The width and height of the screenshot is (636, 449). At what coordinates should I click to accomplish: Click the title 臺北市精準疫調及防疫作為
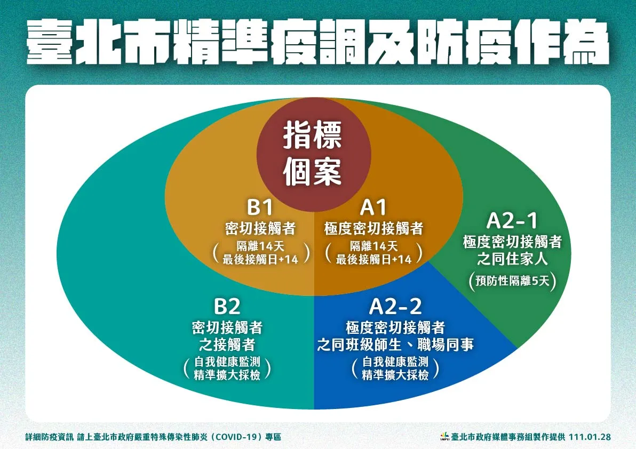tap(318, 43)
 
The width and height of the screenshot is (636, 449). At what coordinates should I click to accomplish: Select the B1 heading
tap(260, 207)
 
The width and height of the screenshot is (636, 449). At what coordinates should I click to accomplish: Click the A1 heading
tap(373, 207)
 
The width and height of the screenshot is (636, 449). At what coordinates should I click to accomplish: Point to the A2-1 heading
tap(512, 221)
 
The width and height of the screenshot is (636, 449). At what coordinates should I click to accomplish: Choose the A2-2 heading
tap(395, 307)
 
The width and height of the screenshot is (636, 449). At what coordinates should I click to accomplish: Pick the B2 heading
tap(227, 307)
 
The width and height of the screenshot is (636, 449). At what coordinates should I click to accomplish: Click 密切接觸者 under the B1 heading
tap(260, 229)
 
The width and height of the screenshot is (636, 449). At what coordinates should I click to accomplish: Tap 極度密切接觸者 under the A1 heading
tap(373, 229)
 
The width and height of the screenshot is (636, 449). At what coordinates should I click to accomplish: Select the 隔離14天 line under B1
tap(260, 246)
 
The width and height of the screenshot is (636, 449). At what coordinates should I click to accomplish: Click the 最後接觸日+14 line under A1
tap(373, 259)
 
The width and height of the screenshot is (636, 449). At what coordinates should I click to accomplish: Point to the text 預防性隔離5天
tap(512, 280)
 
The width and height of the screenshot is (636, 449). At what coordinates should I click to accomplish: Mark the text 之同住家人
tap(512, 259)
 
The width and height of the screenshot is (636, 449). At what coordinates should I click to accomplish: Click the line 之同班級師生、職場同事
tap(395, 345)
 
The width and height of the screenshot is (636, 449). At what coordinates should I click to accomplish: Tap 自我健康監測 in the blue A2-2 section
tap(395, 362)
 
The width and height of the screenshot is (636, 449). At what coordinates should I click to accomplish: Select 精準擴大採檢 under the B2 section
tap(227, 375)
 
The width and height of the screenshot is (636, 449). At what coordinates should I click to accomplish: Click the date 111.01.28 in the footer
tap(590, 437)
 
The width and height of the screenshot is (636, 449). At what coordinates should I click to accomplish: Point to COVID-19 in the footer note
tap(237, 437)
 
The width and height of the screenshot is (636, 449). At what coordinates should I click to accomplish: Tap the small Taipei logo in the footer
tap(444, 436)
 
